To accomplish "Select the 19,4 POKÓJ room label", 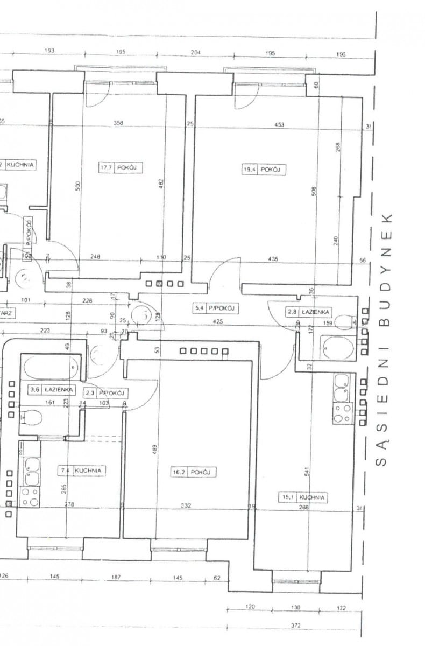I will tap(262, 170).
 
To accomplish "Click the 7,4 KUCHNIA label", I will tap(81, 470).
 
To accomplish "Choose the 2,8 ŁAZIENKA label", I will tap(309, 312).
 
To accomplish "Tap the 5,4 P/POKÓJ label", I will tap(216, 308).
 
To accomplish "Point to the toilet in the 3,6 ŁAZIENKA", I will tap(33, 418).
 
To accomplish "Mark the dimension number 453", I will tap(279, 125).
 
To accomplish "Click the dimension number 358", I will tap(118, 123).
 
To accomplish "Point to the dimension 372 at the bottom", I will tap(295, 625).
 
